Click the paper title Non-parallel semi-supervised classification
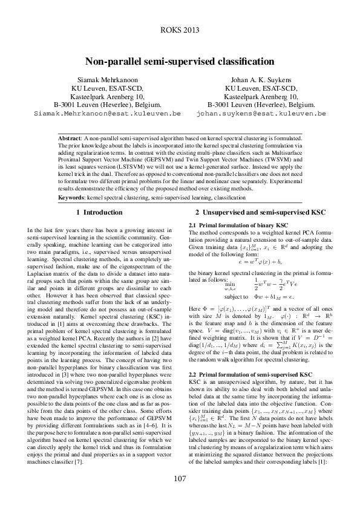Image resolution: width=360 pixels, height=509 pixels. [x=180, y=62]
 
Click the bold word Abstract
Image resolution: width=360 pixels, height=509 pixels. [x=71, y=138]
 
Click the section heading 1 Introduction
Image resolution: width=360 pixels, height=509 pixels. [x=99, y=213]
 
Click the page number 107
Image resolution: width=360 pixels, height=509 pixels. [x=180, y=479]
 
